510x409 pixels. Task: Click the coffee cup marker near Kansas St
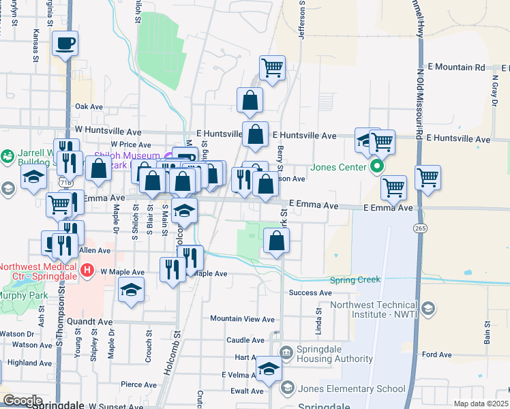point(65,44)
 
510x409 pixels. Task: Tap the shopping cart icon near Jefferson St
point(272,67)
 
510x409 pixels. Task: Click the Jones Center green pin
point(376,166)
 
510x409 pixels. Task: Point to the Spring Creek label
point(355,279)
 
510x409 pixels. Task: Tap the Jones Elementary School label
point(352,389)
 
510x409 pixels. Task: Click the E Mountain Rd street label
point(451,67)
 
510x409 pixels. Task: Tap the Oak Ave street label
point(89,107)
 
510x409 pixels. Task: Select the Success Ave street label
point(310,293)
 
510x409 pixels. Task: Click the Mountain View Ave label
point(242,318)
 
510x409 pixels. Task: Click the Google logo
point(22,401)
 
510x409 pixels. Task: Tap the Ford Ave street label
point(437,354)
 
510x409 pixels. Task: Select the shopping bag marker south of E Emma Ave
point(276,240)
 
